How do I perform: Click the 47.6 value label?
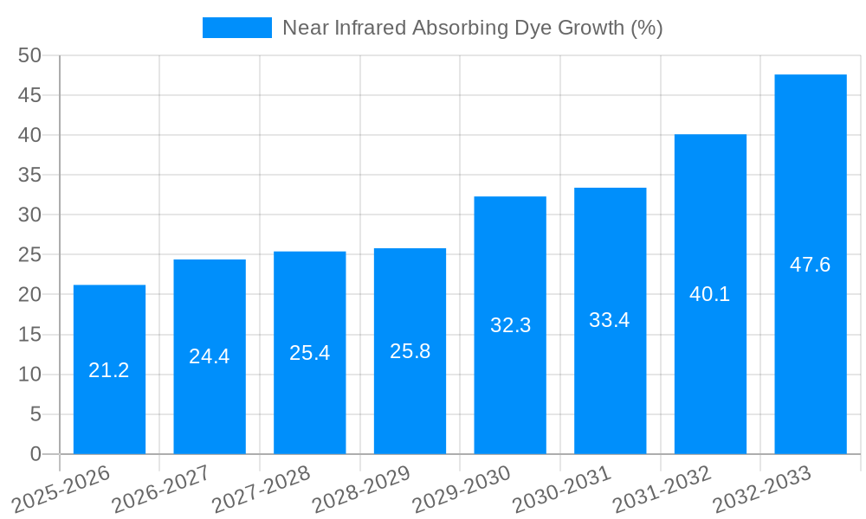pos(811,265)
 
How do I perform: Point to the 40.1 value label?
pos(710,294)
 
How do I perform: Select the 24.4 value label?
pos(210,356)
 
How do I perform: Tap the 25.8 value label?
pos(410,351)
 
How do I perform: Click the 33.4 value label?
pos(610,320)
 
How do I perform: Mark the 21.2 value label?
pos(109,370)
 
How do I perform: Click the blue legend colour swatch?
pos(236,28)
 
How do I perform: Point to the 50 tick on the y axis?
pos(30,55)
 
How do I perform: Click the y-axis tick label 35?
pos(30,175)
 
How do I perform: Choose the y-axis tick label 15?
pos(30,335)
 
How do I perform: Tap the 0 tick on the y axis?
pos(36,454)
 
